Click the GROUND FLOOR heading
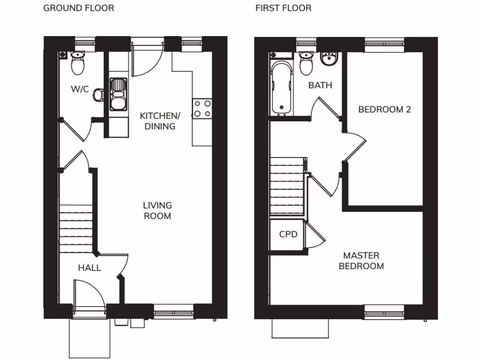[x=78, y=8]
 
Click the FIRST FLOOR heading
[x=283, y=8]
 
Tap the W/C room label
[x=80, y=89]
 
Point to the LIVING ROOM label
[x=157, y=210]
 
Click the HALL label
[x=90, y=268]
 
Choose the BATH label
[x=320, y=85]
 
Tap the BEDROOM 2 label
[x=384, y=110]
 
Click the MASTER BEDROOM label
[x=361, y=261]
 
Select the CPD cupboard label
[x=288, y=234]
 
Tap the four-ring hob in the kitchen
[x=202, y=109]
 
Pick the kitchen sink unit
[x=118, y=94]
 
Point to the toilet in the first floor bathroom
[x=306, y=63]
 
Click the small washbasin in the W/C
[x=98, y=95]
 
